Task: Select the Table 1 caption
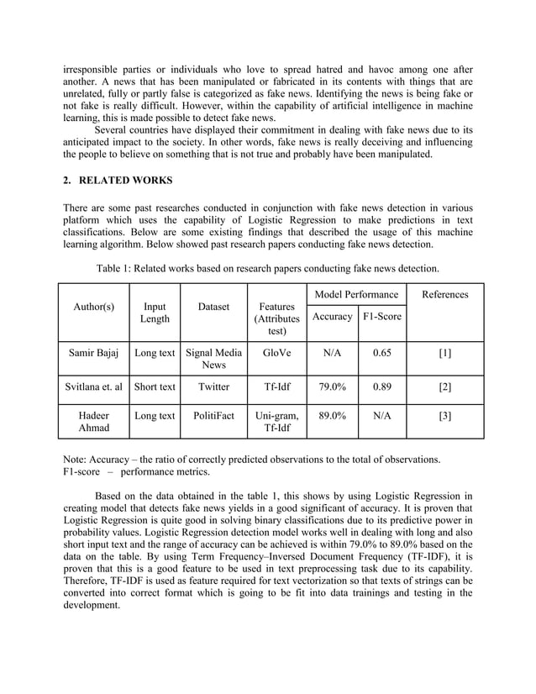tap(267, 269)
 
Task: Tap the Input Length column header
tap(155, 313)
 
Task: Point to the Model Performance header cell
tap(356, 294)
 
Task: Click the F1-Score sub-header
tap(381, 316)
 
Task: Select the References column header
tap(445, 294)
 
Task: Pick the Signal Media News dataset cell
tap(213, 360)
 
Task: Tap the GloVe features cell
tap(276, 354)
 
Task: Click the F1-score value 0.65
tap(381, 354)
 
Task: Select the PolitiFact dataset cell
tap(213, 416)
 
